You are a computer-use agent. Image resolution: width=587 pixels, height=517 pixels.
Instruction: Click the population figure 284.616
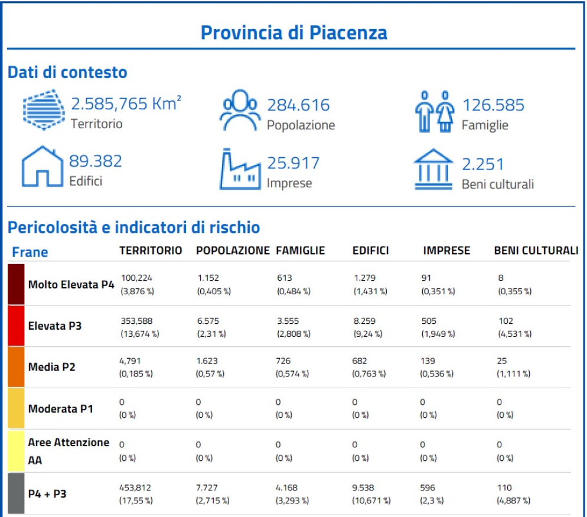tap(298, 106)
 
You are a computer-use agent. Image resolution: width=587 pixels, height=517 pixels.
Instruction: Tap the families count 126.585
tap(493, 106)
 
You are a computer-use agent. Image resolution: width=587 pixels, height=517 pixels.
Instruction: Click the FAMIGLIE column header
tap(301, 251)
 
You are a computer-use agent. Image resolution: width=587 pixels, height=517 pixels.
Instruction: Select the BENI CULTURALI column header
tap(536, 251)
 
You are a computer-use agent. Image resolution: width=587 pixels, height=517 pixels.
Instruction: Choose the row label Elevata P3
tap(55, 326)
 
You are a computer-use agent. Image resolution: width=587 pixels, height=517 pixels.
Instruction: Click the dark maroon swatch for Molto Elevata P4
tap(16, 284)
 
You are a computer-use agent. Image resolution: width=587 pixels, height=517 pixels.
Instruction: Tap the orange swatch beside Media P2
tap(16, 367)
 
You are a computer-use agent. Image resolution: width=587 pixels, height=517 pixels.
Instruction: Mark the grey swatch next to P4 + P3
tap(16, 492)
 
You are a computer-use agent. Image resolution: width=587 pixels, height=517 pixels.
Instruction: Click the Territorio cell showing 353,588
tap(135, 321)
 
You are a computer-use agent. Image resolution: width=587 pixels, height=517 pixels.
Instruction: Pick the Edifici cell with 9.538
tap(364, 488)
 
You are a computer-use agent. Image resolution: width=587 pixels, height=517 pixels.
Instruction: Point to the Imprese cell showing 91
tap(426, 278)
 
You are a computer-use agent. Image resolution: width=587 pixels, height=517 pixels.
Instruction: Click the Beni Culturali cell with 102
tap(506, 321)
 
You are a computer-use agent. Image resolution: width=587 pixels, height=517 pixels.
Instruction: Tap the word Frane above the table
tap(30, 252)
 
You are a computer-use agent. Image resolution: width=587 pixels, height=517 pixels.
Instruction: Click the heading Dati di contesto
tap(67, 73)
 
